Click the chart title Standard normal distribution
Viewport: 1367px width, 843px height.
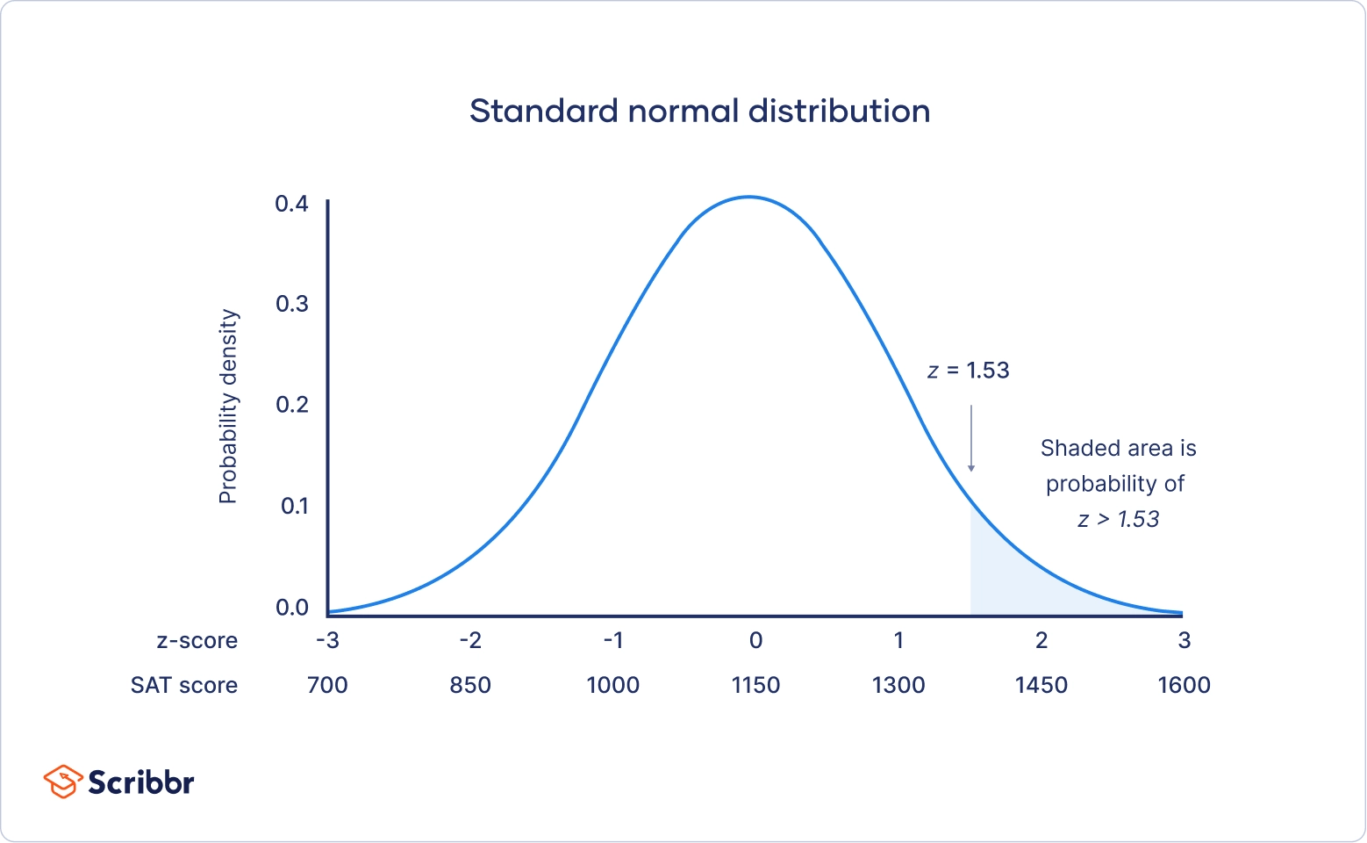click(x=699, y=112)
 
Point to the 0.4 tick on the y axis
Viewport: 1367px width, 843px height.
click(x=292, y=204)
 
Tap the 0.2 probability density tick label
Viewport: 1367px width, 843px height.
click(x=292, y=405)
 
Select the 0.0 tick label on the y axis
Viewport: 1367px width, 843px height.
click(x=292, y=608)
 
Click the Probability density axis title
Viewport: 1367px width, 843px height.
click(x=228, y=406)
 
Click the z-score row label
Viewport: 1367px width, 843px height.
click(x=197, y=640)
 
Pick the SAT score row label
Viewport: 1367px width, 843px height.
click(x=184, y=685)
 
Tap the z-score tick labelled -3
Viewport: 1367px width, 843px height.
click(x=327, y=640)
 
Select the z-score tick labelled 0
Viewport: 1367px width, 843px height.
click(x=755, y=640)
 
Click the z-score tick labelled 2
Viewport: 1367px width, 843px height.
click(x=1041, y=640)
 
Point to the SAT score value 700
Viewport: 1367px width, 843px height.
click(x=327, y=685)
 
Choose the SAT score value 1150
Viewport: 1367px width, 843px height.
click(x=755, y=685)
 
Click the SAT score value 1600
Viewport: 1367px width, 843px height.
click(x=1184, y=685)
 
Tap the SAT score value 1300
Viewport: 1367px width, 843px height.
click(x=898, y=685)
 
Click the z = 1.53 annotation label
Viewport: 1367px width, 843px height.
click(x=969, y=371)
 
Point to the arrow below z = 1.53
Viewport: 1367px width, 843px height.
click(x=971, y=439)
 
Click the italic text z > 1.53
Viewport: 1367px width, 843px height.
click(x=1118, y=519)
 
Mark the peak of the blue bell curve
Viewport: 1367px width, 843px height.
click(x=749, y=197)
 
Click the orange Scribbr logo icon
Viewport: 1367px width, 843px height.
click(x=63, y=782)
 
